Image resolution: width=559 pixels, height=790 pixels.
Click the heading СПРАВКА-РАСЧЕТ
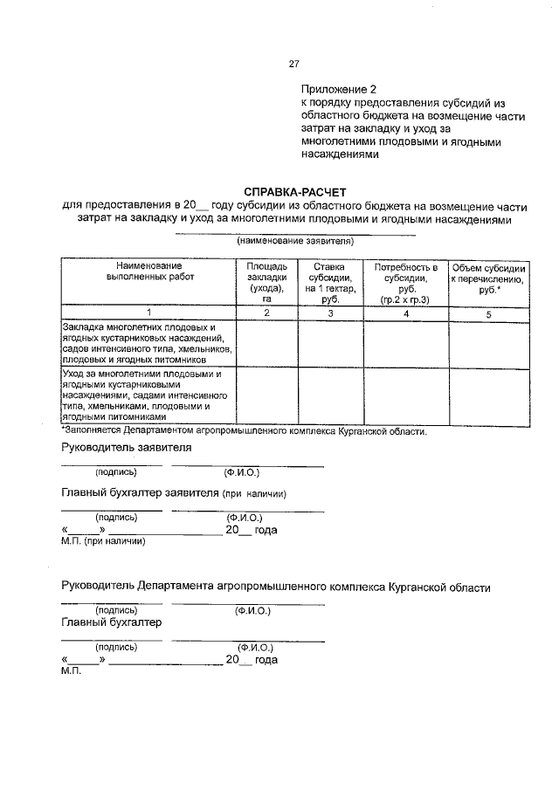click(294, 191)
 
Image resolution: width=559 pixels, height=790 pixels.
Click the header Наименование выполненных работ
click(149, 270)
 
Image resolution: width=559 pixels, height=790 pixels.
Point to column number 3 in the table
click(330, 312)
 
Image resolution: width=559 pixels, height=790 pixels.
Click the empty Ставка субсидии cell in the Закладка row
click(330, 342)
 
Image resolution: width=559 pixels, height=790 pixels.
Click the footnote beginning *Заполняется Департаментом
click(244, 431)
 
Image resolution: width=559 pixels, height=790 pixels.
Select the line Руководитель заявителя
click(127, 448)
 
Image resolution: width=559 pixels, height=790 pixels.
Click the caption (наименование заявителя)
click(294, 240)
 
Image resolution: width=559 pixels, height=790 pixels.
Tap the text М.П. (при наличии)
click(103, 540)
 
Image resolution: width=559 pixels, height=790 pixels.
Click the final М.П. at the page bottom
click(71, 673)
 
